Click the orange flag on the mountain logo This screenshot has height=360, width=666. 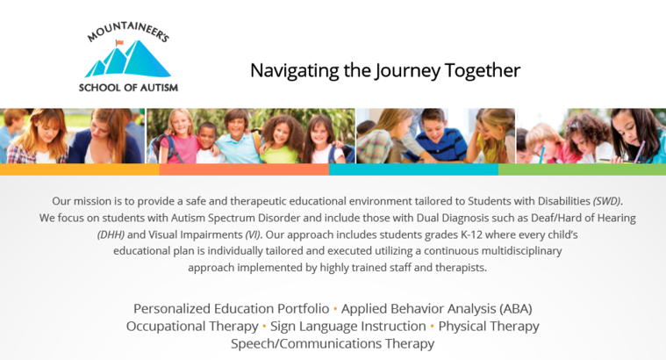click(x=119, y=42)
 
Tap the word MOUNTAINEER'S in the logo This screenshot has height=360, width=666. click(x=128, y=32)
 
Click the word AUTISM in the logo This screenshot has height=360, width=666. click(x=159, y=88)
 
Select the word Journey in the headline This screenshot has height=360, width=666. click(x=407, y=71)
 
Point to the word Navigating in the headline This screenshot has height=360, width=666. click(x=295, y=71)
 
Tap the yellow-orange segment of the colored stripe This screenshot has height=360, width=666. click(x=80, y=169)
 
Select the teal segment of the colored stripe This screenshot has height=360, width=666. click(x=413, y=169)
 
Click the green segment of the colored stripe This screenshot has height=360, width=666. click(x=582, y=169)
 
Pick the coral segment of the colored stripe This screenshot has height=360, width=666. click(x=244, y=169)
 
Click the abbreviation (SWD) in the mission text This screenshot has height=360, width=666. click(x=608, y=201)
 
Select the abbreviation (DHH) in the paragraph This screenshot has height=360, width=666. click(x=111, y=234)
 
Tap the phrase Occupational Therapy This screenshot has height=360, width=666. click(x=192, y=327)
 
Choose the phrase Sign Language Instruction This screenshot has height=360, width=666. click(x=347, y=327)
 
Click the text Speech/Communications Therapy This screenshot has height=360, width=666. click(x=333, y=344)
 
